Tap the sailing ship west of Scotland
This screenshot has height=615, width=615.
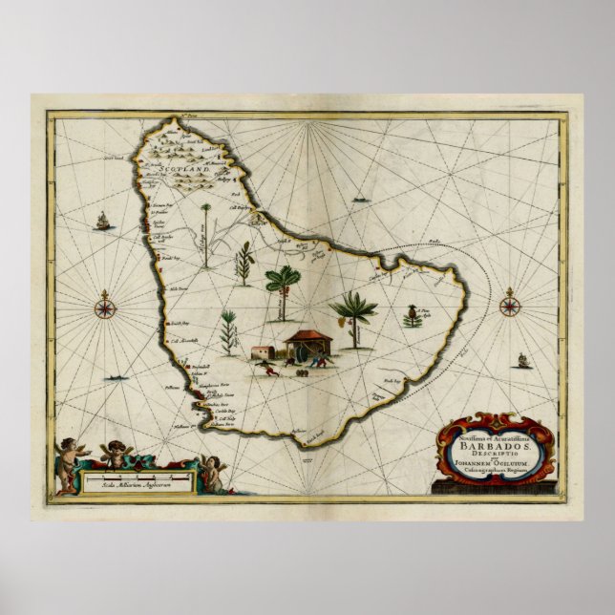pos(102,223)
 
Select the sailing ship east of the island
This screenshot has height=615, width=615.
pos(522,361)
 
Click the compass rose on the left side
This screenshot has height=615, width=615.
pos(105,307)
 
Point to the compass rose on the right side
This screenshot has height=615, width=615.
pos(511,307)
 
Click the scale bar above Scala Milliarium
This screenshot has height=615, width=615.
pos(139,475)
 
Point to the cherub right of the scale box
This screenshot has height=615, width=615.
pos(212,473)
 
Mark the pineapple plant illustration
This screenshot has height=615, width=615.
pos(413,316)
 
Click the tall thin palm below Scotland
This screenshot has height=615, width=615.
pos(205,233)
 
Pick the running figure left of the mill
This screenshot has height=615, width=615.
pos(273,369)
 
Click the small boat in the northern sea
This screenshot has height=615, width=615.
pos(360,200)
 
